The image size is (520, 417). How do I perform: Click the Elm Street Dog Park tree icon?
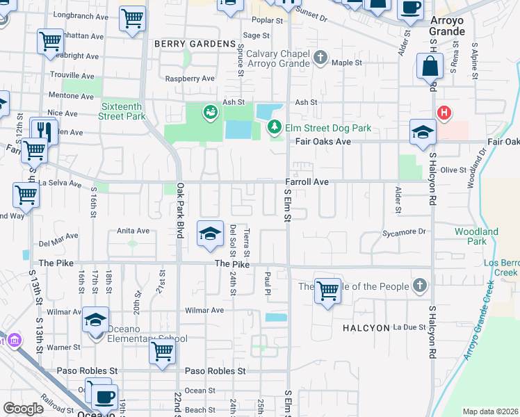(275, 127)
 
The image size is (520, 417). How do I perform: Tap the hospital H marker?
(443, 112)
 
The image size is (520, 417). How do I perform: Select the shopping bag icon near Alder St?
(430, 67)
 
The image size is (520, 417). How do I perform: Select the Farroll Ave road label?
(306, 182)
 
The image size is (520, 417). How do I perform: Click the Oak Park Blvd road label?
(179, 210)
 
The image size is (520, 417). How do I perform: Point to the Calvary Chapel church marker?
(320, 57)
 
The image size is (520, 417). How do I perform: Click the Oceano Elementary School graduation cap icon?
(96, 320)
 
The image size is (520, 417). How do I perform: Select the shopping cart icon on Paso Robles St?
(162, 351)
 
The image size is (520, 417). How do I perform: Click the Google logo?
(24, 409)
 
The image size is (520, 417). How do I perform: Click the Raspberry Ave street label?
(189, 79)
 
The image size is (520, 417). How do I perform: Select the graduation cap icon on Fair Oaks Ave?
(422, 133)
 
